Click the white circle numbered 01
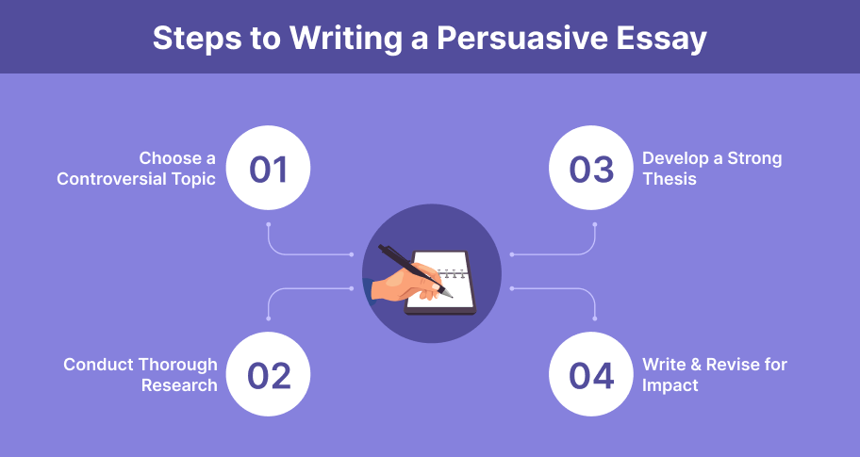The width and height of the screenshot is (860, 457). tap(268, 168)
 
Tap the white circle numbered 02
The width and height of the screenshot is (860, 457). tap(268, 374)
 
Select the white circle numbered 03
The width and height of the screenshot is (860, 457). tap(591, 168)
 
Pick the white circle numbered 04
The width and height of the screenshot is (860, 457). tap(591, 374)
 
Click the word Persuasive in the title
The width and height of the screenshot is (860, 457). tap(521, 38)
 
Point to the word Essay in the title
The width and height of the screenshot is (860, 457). tap(661, 40)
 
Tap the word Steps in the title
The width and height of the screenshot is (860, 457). tap(197, 39)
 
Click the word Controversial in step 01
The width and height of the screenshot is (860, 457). tap(108, 179)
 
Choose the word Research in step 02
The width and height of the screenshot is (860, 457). tap(179, 385)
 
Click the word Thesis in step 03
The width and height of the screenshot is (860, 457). tap(670, 179)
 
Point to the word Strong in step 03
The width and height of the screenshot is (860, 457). tap(754, 158)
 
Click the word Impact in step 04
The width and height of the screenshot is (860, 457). tap(670, 385)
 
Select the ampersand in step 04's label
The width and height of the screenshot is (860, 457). tap(697, 365)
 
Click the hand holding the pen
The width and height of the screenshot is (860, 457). tap(405, 282)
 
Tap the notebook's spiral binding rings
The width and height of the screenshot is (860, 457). tap(453, 273)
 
